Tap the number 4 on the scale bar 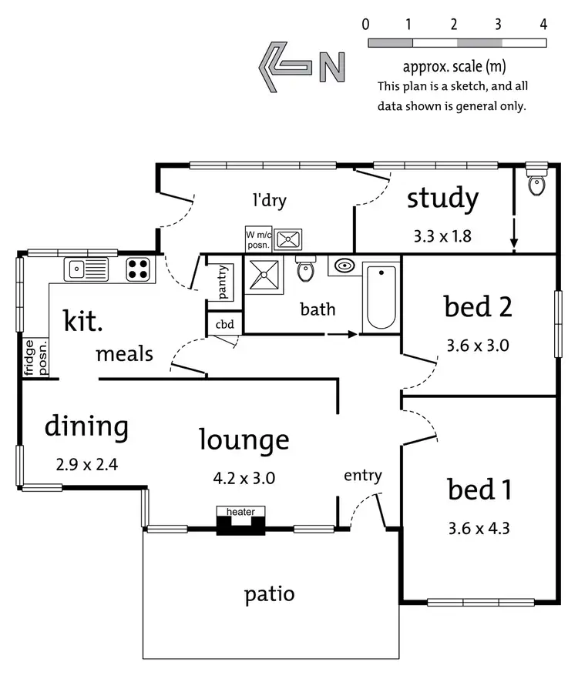click(543, 24)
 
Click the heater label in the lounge click(240, 512)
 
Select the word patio click(269, 594)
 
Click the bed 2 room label click(478, 307)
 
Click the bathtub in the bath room click(381, 297)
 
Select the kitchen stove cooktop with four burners click(138, 269)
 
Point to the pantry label click(223, 282)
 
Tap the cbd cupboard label click(224, 325)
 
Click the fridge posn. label click(36, 358)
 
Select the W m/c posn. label click(257, 239)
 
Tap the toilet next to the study click(536, 181)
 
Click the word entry click(362, 476)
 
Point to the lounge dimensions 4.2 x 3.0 click(244, 478)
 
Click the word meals click(124, 355)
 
